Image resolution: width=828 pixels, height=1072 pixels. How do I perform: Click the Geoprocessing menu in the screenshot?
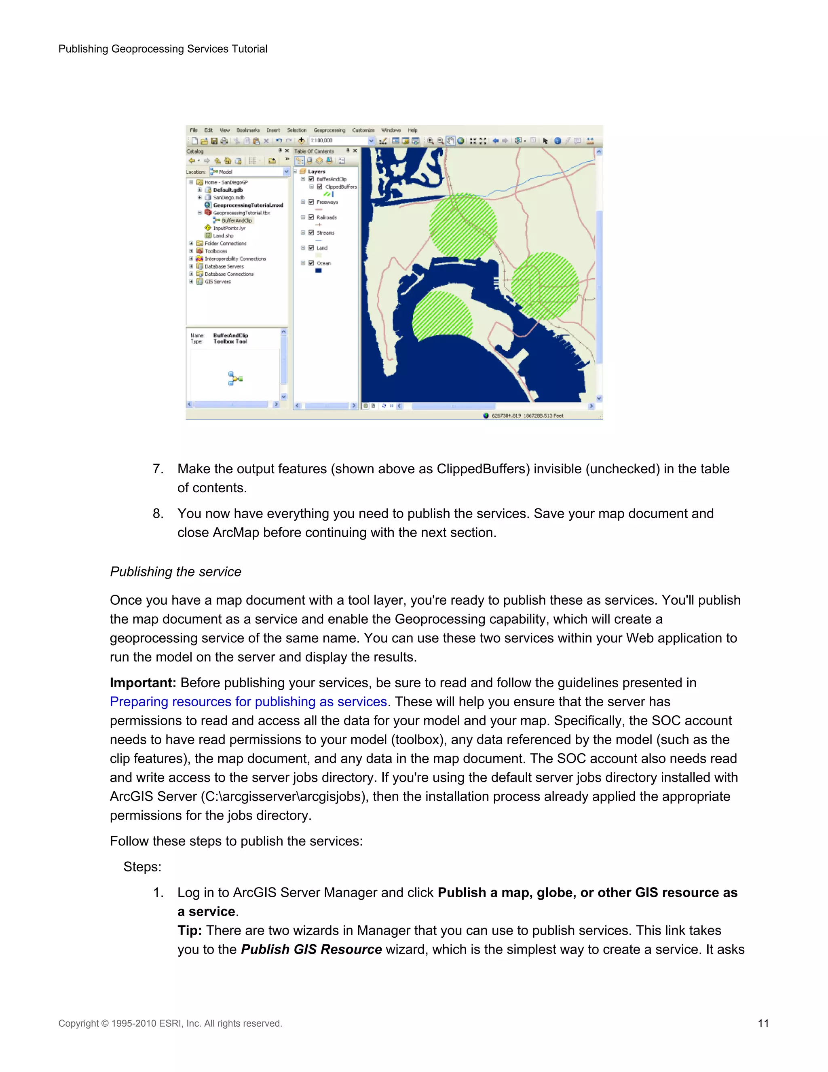click(x=329, y=130)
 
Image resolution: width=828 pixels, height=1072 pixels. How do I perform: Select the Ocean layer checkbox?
click(x=311, y=263)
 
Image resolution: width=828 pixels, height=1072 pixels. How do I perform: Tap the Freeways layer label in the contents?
click(x=327, y=202)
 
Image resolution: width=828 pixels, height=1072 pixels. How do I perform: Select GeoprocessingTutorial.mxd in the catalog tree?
click(x=248, y=205)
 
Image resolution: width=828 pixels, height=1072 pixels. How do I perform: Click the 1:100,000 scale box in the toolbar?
click(x=338, y=140)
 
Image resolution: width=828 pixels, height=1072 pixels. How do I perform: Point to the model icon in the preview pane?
click(x=235, y=379)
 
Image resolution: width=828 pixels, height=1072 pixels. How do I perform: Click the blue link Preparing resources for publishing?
click(x=248, y=701)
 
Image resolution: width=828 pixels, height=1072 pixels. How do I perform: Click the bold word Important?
click(x=143, y=683)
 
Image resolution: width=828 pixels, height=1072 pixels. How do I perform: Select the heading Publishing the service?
click(x=175, y=572)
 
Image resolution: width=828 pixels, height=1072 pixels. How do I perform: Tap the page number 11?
click(x=763, y=1023)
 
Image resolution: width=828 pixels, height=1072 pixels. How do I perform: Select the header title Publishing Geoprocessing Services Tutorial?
click(x=163, y=49)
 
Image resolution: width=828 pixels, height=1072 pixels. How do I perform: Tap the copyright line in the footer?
click(x=170, y=1023)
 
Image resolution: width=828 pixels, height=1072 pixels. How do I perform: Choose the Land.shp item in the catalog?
click(x=223, y=235)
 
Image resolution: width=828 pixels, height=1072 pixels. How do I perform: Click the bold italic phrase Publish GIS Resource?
click(x=311, y=949)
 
